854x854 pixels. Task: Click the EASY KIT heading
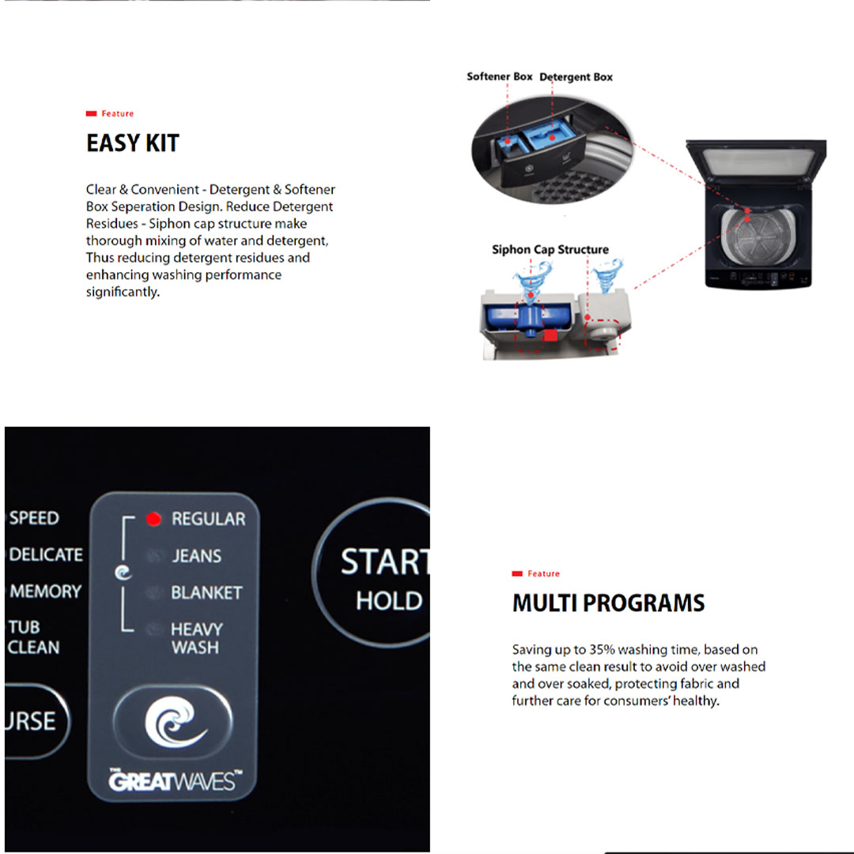pos(133,143)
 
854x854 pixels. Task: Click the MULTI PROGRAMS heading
pos(608,603)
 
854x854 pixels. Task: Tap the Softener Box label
pos(500,77)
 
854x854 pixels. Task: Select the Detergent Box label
pos(576,77)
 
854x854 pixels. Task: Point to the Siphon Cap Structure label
pos(550,250)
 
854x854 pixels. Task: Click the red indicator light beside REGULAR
pos(154,519)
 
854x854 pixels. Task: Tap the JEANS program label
pos(197,556)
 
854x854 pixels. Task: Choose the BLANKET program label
pos(206,592)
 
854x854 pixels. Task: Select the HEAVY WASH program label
pos(196,638)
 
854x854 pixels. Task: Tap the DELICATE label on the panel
pos(46,554)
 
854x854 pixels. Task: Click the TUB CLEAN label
pos(33,637)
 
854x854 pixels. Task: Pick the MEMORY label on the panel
pos(46,591)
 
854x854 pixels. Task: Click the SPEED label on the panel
pos(34,518)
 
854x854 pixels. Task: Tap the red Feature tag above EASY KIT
pos(111,114)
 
